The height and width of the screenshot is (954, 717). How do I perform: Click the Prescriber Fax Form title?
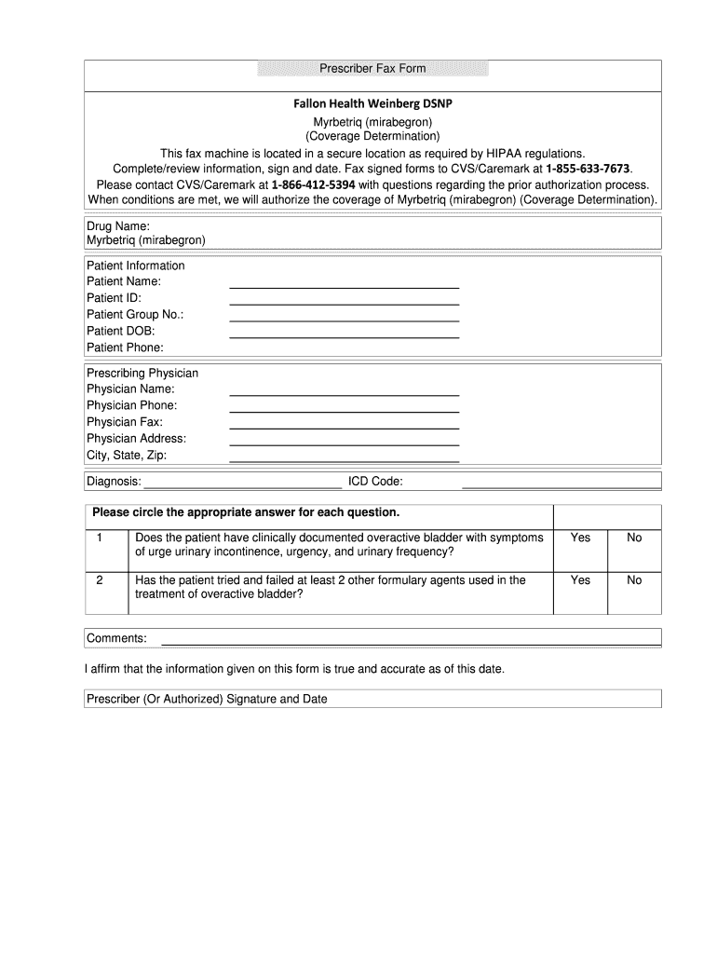[x=372, y=69]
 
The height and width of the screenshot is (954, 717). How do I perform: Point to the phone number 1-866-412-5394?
[x=313, y=184]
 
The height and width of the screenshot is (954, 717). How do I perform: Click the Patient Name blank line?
[x=345, y=285]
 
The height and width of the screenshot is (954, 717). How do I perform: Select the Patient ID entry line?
[x=345, y=302]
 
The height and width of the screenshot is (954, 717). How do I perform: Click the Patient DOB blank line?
[x=345, y=334]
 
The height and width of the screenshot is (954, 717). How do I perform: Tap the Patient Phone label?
[x=125, y=348]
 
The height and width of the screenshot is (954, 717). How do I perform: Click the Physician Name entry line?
[x=345, y=393]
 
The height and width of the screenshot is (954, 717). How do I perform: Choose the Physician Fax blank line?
[x=345, y=426]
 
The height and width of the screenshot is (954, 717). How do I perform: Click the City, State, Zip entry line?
[x=345, y=459]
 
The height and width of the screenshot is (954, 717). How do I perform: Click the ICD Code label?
[x=375, y=481]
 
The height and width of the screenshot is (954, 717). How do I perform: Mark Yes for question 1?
[x=580, y=538]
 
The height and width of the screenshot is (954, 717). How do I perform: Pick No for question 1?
[x=634, y=538]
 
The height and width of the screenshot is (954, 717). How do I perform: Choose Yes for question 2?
[x=580, y=579]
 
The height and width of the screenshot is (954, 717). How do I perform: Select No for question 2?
[x=634, y=579]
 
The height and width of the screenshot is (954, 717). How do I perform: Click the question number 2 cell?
[x=100, y=579]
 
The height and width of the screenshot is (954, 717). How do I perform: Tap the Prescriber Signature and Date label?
[x=207, y=699]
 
